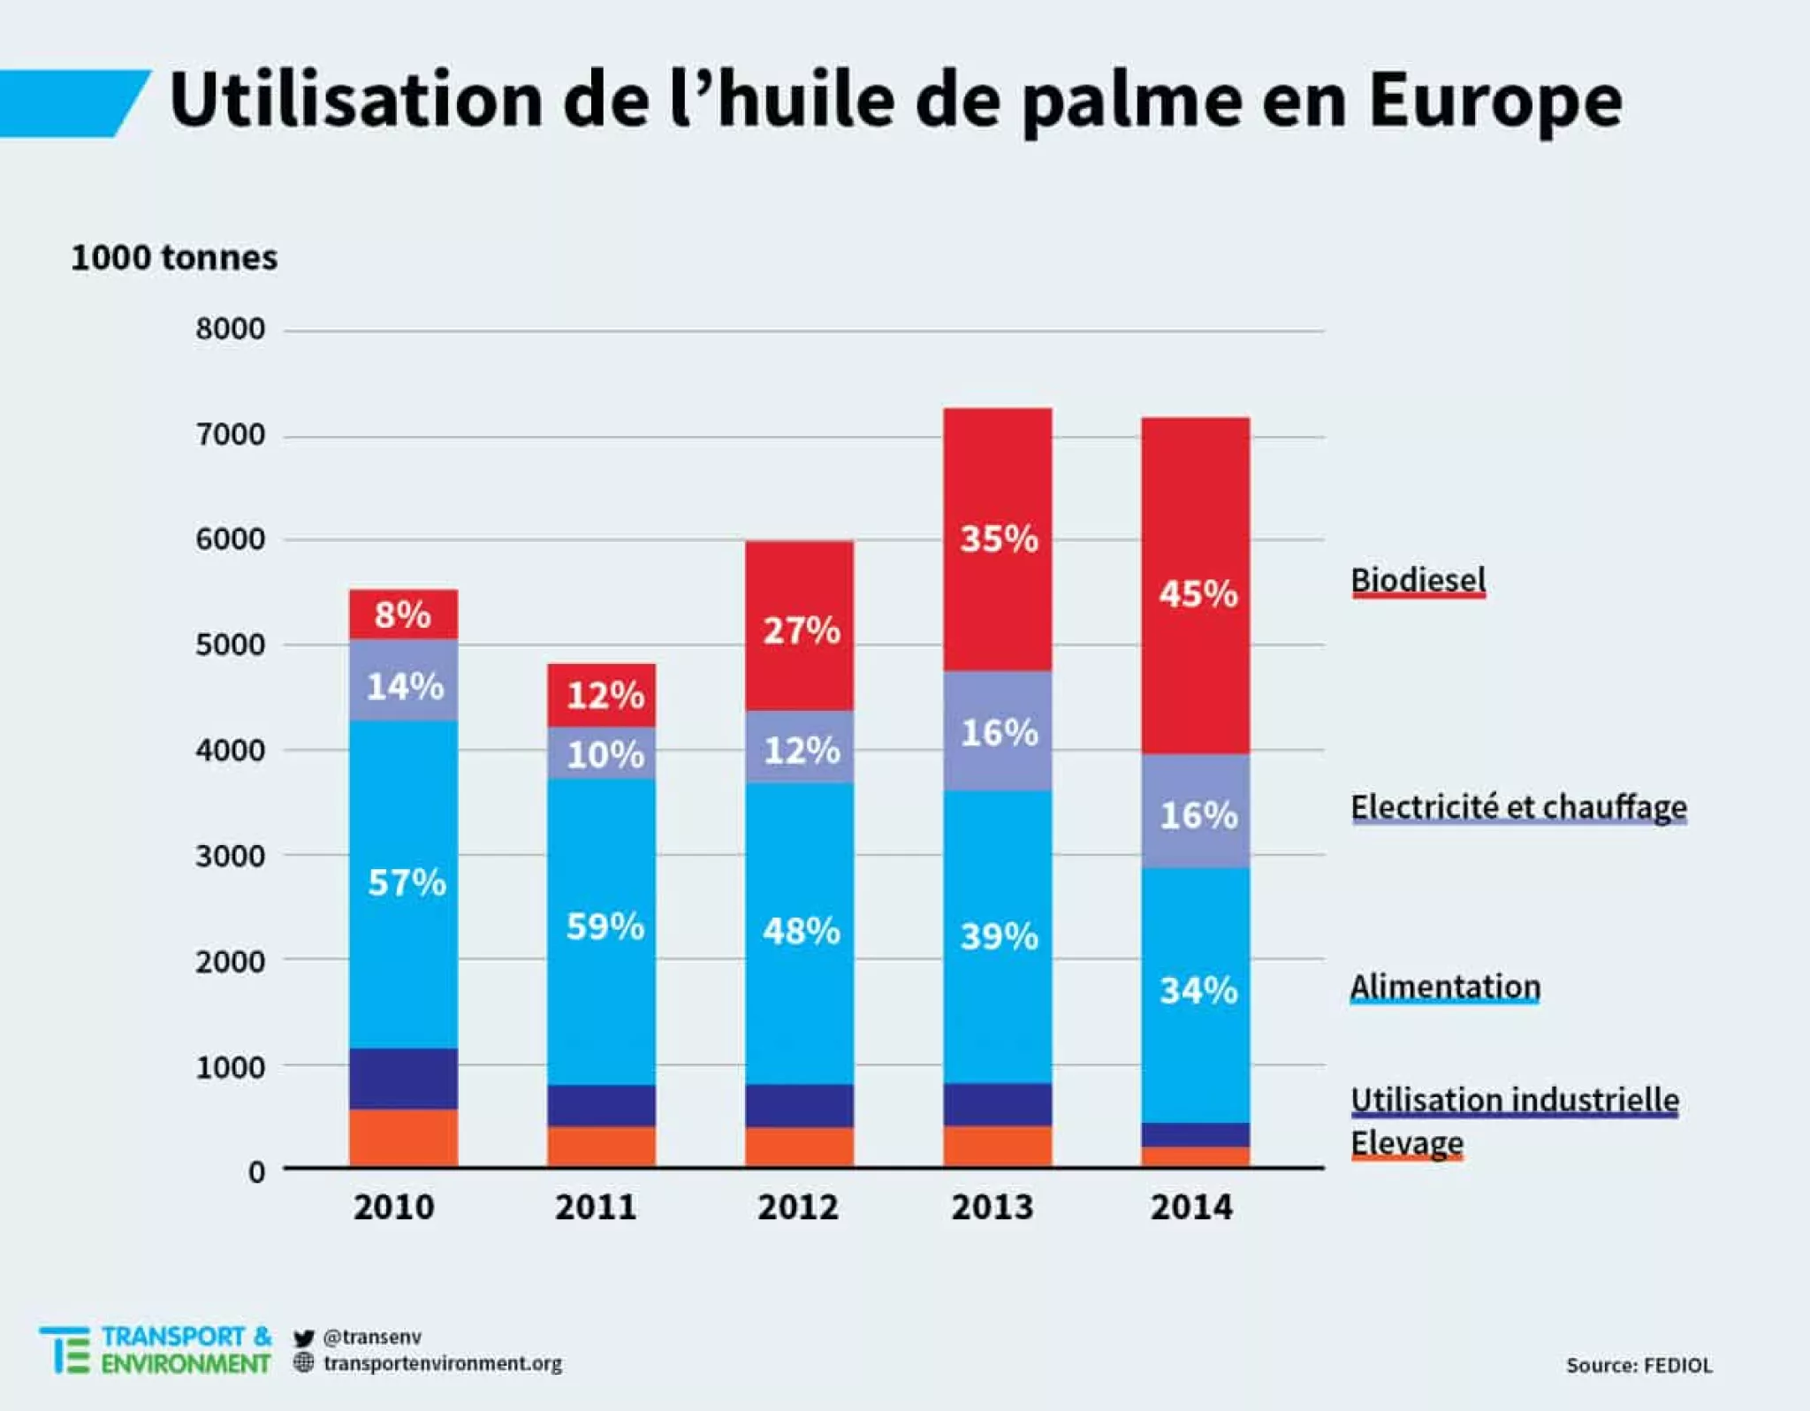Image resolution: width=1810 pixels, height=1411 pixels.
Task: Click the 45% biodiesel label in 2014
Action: pos(1198,594)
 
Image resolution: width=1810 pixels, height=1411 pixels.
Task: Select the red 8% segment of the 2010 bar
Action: pos(403,614)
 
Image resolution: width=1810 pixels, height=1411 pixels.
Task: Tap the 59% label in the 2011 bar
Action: pos(605,927)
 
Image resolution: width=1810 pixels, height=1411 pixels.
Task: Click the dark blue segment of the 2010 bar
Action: pos(403,1079)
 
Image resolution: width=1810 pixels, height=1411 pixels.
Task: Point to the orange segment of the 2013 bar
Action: pos(997,1147)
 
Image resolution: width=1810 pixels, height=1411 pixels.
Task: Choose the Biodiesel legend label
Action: pos(1418,581)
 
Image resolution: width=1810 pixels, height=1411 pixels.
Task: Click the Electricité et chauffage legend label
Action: pos(1517,807)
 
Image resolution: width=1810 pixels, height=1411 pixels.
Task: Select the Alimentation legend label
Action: pos(1445,987)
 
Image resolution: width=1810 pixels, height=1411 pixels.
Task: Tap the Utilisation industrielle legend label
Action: pos(1514,1100)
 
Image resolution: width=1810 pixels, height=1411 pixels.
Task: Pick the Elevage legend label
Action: pos(1406,1143)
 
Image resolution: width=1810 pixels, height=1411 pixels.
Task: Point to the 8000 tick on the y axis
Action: pos(230,330)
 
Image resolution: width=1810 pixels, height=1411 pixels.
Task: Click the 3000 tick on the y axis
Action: pos(230,857)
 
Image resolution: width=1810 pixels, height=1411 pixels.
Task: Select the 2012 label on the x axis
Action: pos(797,1208)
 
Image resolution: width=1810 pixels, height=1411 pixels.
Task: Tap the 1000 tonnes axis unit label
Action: pos(174,258)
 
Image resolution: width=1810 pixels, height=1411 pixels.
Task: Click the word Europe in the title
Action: pos(1494,101)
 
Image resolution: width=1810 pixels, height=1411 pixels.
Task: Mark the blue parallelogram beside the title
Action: pos(71,103)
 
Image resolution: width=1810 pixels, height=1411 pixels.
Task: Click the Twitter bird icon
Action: pos(304,1338)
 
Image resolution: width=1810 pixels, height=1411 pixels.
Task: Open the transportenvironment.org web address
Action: pos(442,1363)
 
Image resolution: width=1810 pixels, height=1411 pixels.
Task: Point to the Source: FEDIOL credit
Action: pos(1639,1366)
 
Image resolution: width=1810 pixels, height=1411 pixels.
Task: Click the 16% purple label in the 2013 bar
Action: pos(999,733)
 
